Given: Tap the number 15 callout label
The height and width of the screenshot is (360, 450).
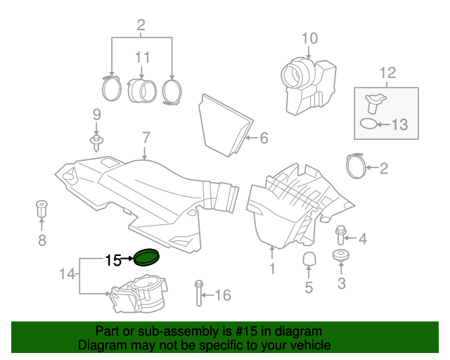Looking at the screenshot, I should [x=113, y=260].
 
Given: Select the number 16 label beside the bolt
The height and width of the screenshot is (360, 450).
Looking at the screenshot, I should [x=221, y=295].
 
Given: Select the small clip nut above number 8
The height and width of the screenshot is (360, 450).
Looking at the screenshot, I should [x=41, y=209].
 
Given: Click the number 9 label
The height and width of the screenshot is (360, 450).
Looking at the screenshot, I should [x=96, y=115].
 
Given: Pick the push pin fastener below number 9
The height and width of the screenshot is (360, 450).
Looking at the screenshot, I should [x=96, y=143].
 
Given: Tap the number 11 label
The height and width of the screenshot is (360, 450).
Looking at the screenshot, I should [x=143, y=56].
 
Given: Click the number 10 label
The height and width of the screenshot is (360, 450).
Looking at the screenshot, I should [x=309, y=38].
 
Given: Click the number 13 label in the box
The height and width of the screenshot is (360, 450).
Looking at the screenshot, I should [x=399, y=125].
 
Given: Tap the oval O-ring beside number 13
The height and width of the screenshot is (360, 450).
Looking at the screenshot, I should [x=368, y=124].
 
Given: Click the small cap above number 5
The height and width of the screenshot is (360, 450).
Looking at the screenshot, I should [x=308, y=259].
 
